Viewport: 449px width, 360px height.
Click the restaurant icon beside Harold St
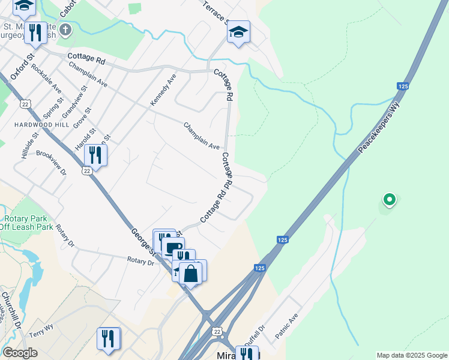(95, 155)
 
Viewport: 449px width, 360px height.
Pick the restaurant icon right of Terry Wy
(108, 338)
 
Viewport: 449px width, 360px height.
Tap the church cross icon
(65, 29)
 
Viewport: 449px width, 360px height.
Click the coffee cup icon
(173, 248)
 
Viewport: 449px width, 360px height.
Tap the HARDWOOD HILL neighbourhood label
(27, 124)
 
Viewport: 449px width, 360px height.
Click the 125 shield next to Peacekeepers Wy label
(403, 87)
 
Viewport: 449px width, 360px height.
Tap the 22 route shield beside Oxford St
(25, 104)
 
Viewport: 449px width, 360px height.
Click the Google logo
(19, 353)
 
